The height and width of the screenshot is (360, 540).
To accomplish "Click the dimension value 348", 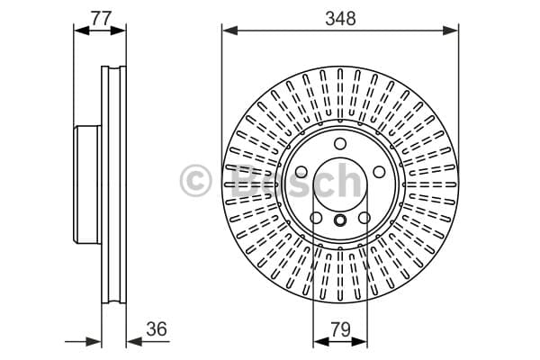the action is (x=340, y=19).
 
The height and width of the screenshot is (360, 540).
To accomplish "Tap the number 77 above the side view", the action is (x=101, y=18).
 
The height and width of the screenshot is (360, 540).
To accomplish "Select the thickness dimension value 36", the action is (x=157, y=328).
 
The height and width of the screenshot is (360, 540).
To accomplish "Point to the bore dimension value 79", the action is (x=340, y=329).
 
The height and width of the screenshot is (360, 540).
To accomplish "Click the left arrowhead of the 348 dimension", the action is (x=230, y=31).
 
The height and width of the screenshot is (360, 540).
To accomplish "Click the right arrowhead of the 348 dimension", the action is (x=451, y=31).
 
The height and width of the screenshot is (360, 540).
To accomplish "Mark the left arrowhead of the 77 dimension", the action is (x=82, y=31).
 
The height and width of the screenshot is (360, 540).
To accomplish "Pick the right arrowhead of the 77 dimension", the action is (x=118, y=31).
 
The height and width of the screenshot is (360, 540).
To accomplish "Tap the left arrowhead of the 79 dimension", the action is (x=321, y=341).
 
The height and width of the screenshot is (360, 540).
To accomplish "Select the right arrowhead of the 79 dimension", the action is (x=359, y=341).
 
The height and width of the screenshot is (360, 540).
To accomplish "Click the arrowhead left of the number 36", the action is (x=134, y=341).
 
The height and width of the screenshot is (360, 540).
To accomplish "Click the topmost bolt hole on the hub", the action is (x=340, y=143).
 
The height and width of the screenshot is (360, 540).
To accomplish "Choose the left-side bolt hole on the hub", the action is (x=301, y=172).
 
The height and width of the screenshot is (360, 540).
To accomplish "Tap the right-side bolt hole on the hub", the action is (x=379, y=172).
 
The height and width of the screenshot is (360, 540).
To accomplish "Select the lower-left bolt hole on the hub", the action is (x=316, y=218).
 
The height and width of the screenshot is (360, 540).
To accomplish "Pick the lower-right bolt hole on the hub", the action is (x=364, y=218).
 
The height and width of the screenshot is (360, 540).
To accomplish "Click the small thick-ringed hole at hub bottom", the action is (x=340, y=220).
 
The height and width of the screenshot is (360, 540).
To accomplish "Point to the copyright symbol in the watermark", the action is (x=195, y=181).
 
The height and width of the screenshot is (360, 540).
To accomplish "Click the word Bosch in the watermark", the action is (x=295, y=181).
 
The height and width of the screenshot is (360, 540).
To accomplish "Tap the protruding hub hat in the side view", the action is (x=87, y=184).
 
